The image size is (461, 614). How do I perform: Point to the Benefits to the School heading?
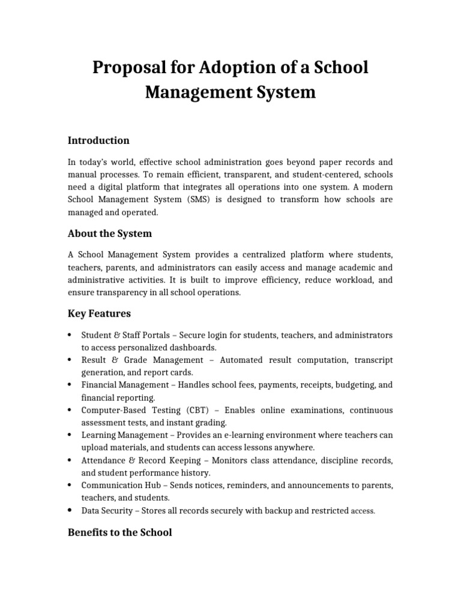119,532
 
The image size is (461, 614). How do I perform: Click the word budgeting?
354,385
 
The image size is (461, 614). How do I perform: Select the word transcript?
370,360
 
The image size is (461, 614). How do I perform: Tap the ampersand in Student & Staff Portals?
117,335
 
